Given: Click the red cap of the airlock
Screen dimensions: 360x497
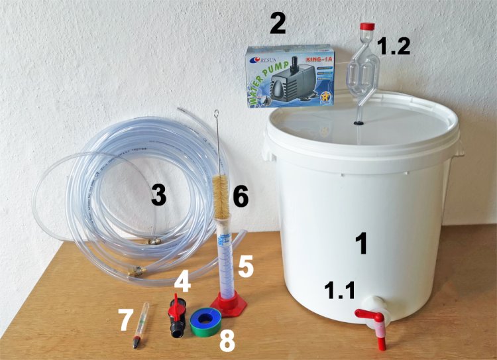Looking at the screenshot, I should click(x=366, y=27).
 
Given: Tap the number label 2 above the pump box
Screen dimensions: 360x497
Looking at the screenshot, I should click(x=278, y=24).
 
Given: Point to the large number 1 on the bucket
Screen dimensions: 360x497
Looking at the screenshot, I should click(x=361, y=243).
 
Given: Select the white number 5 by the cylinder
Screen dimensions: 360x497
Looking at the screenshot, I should click(x=246, y=267).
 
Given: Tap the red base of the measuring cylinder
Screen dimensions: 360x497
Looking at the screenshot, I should click(x=229, y=304).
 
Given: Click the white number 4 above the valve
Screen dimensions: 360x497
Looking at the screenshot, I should click(x=183, y=283).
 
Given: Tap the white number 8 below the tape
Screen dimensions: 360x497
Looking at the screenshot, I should click(x=227, y=341).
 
